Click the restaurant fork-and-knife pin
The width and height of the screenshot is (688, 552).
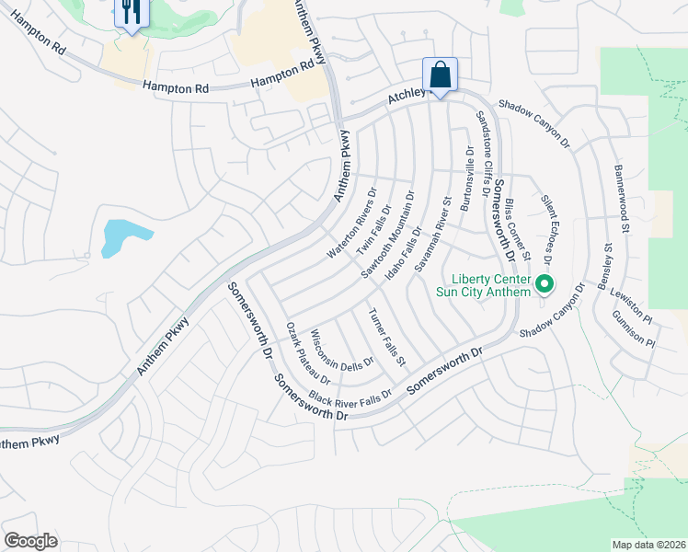[130, 12]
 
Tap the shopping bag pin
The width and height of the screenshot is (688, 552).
[440, 75]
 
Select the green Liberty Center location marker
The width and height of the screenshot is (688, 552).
[544, 283]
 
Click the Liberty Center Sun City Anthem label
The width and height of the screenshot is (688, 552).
[491, 285]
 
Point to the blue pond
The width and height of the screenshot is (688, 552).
[118, 236]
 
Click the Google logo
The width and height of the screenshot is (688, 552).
[31, 541]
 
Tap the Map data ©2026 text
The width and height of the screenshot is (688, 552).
[648, 545]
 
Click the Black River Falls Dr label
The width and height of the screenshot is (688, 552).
[350, 397]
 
